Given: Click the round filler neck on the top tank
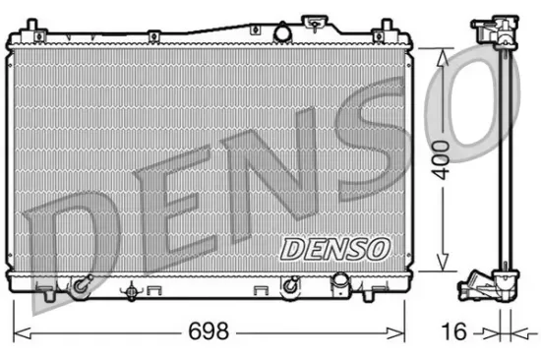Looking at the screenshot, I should coord(318,22).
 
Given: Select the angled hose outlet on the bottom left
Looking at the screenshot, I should coord(80,288).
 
